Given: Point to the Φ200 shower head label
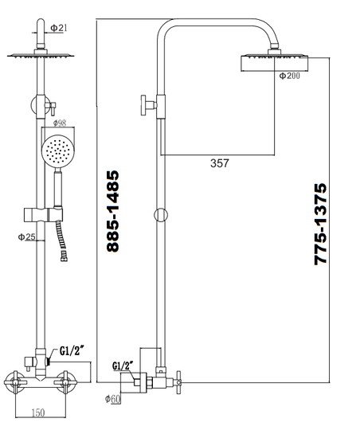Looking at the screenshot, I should click(x=289, y=76).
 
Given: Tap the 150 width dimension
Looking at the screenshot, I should click(x=37, y=413).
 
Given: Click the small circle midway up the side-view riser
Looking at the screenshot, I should click(x=162, y=213).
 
